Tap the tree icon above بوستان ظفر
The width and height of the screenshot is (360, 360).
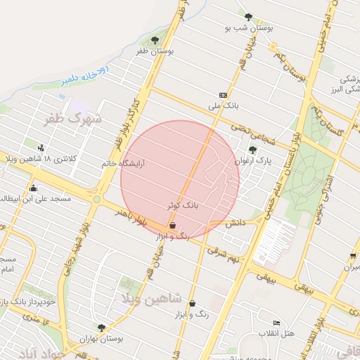click(x=155, y=40)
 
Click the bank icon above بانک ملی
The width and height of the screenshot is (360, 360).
click(x=223, y=95)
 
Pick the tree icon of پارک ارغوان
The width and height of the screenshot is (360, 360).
click(x=252, y=149)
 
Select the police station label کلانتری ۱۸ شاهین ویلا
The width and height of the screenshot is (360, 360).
click(x=42, y=159)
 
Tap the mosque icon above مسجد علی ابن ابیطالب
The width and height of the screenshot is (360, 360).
click(x=33, y=188)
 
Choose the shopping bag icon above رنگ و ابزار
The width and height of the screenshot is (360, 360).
click(x=173, y=226)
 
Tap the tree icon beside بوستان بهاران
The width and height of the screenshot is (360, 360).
click(x=103, y=327)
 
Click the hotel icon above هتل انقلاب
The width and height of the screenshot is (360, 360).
click(x=276, y=323)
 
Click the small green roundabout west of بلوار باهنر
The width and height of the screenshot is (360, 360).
click(x=96, y=200)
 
